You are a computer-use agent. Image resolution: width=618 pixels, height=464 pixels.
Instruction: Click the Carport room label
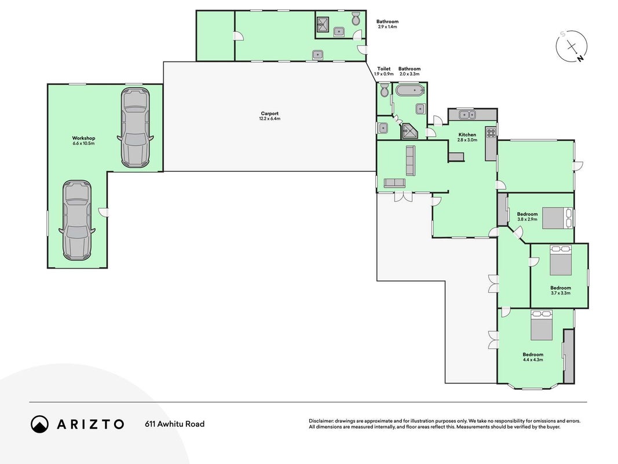[269, 114]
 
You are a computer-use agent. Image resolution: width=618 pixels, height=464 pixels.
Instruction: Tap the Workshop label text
[83, 138]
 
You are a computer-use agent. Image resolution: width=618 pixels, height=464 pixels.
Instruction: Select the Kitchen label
[467, 135]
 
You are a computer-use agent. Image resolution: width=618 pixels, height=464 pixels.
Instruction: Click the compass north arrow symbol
[572, 46]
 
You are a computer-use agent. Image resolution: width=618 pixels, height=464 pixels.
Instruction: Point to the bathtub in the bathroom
[411, 90]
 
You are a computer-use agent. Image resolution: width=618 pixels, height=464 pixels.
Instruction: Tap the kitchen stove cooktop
[491, 132]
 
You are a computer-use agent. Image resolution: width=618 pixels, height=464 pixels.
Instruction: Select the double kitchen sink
[467, 114]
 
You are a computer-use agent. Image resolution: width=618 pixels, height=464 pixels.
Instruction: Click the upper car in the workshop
[135, 127]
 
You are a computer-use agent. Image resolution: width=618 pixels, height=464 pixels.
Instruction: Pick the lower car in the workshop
[77, 220]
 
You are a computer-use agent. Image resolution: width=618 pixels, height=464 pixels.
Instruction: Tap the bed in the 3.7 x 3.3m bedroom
[561, 260]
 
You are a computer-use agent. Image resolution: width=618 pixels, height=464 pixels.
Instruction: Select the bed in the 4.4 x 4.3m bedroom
[542, 325]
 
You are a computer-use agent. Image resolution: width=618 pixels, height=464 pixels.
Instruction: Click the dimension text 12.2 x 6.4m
[269, 119]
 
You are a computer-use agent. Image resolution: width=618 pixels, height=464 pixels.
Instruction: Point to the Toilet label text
[384, 68]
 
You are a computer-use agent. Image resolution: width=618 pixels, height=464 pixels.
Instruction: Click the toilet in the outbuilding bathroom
[356, 17]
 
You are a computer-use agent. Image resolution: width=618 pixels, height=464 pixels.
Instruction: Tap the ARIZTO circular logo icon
[40, 424]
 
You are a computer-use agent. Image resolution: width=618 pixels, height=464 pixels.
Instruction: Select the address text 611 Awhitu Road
[174, 424]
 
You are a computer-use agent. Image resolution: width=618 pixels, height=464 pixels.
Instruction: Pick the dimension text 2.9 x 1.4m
[387, 27]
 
